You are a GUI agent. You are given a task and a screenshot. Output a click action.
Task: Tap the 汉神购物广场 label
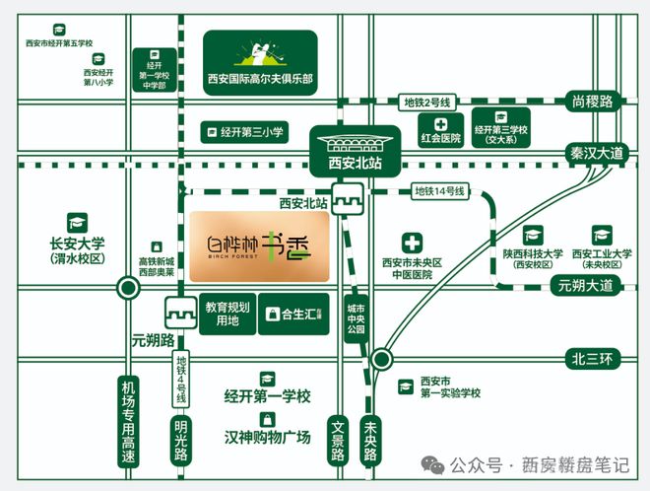(267, 436)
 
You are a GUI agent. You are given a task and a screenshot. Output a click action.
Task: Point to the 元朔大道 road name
(585, 286)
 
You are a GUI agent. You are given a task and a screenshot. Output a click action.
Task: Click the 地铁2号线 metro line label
(425, 102)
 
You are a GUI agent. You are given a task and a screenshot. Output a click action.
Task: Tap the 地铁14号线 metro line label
(437, 190)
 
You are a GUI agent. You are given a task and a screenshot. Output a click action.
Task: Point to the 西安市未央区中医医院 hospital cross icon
(412, 243)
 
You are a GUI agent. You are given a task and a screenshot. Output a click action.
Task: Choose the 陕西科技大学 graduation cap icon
(533, 235)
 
